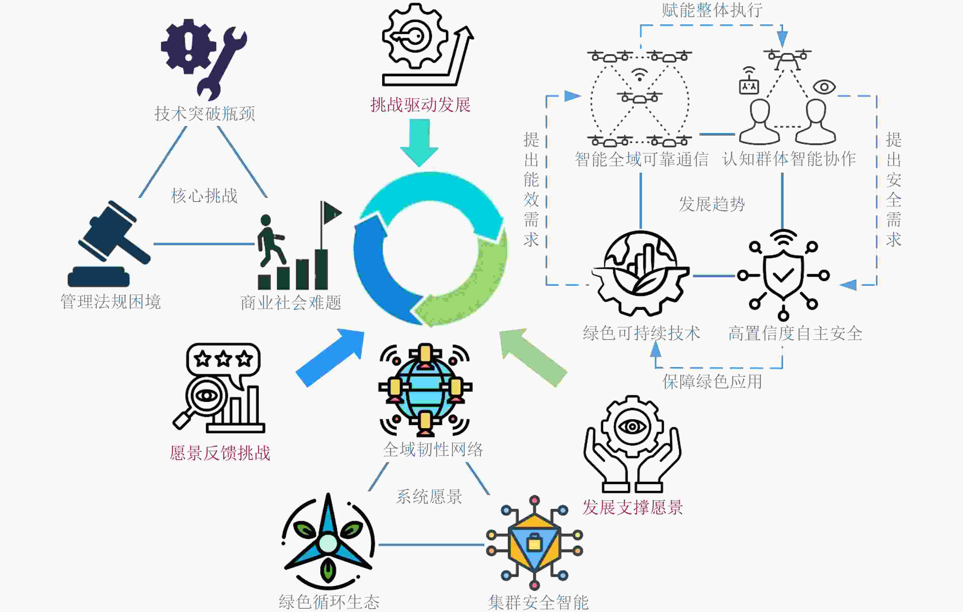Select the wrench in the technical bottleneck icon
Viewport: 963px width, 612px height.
pyautogui.click(x=222, y=64)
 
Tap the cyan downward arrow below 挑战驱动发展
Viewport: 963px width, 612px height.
pyautogui.click(x=420, y=142)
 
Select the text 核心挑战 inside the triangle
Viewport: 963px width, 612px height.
pyautogui.click(x=204, y=196)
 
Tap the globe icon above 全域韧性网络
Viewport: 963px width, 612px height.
pyautogui.click(x=425, y=389)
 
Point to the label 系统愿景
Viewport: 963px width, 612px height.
pyautogui.click(x=429, y=497)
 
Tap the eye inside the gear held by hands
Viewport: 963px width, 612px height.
pyautogui.click(x=632, y=426)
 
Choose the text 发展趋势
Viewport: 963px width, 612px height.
pyautogui.click(x=712, y=204)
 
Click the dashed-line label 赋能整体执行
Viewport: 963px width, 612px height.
pyautogui.click(x=712, y=10)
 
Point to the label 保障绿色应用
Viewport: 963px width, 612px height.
pyautogui.click(x=712, y=381)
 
